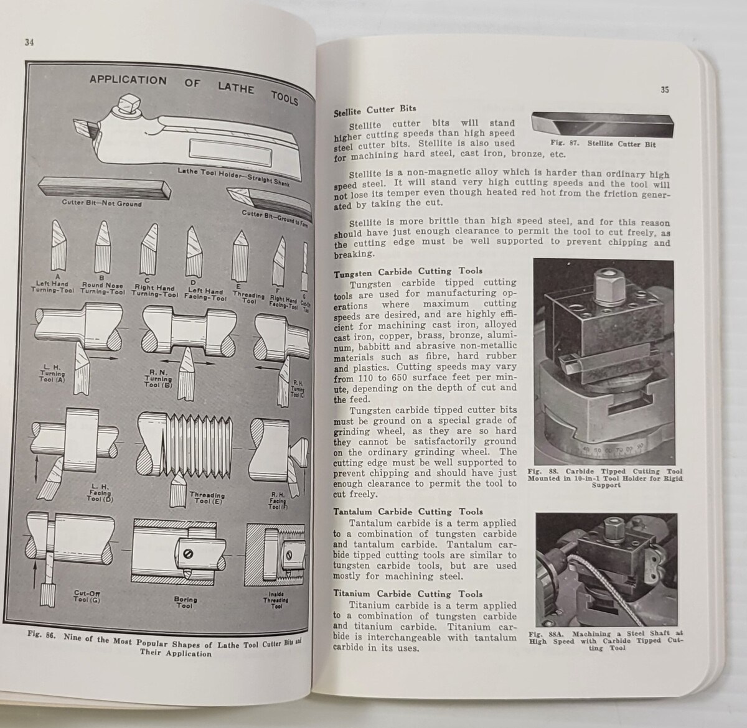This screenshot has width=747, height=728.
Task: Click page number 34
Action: [29, 42]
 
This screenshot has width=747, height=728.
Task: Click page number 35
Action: [665, 90]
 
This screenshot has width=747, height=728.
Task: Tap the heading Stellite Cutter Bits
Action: [375, 111]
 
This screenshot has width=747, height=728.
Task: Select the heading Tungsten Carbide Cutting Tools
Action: [408, 272]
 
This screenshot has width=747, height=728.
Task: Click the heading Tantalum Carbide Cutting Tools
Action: [408, 511]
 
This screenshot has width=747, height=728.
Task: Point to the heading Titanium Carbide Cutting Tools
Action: [408, 594]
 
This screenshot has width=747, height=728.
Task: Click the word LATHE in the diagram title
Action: [236, 88]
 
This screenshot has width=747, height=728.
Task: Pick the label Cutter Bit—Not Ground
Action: [101, 203]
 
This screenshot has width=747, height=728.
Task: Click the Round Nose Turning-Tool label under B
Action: [103, 289]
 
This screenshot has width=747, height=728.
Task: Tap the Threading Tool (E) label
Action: [207, 498]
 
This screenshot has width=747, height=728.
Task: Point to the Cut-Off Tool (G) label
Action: [87, 596]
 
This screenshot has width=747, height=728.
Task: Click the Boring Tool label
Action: [185, 602]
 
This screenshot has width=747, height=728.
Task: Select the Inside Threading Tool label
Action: [276, 600]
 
